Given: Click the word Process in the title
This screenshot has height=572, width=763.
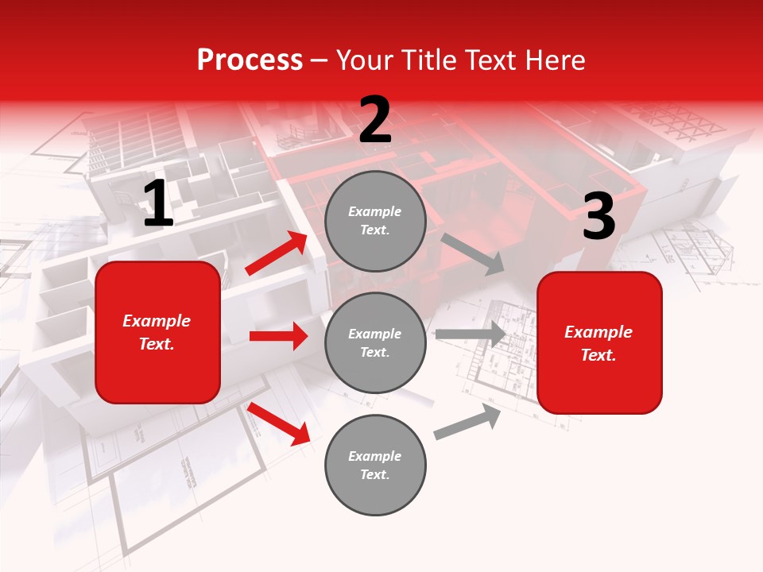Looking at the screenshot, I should click(x=250, y=60).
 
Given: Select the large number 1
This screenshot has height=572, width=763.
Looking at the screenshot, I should click(x=158, y=204).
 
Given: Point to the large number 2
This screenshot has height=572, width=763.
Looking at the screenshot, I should click(x=375, y=120).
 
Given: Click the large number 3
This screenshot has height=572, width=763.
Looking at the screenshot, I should click(x=598, y=217).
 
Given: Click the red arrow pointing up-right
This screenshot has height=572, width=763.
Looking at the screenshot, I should click(x=277, y=253).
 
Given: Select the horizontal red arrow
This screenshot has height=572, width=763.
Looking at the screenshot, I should click(x=278, y=336).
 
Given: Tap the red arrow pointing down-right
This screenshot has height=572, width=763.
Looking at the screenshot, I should click(x=278, y=423).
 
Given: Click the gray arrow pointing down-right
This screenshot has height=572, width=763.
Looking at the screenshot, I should click(x=472, y=253).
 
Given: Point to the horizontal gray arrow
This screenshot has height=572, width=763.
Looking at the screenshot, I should click(x=471, y=334).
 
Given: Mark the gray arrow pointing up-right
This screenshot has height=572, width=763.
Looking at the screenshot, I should click(x=467, y=422).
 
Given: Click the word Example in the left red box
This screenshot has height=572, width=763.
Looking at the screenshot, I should click(x=157, y=321).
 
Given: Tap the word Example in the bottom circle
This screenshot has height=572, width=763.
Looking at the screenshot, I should click(x=375, y=456).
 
